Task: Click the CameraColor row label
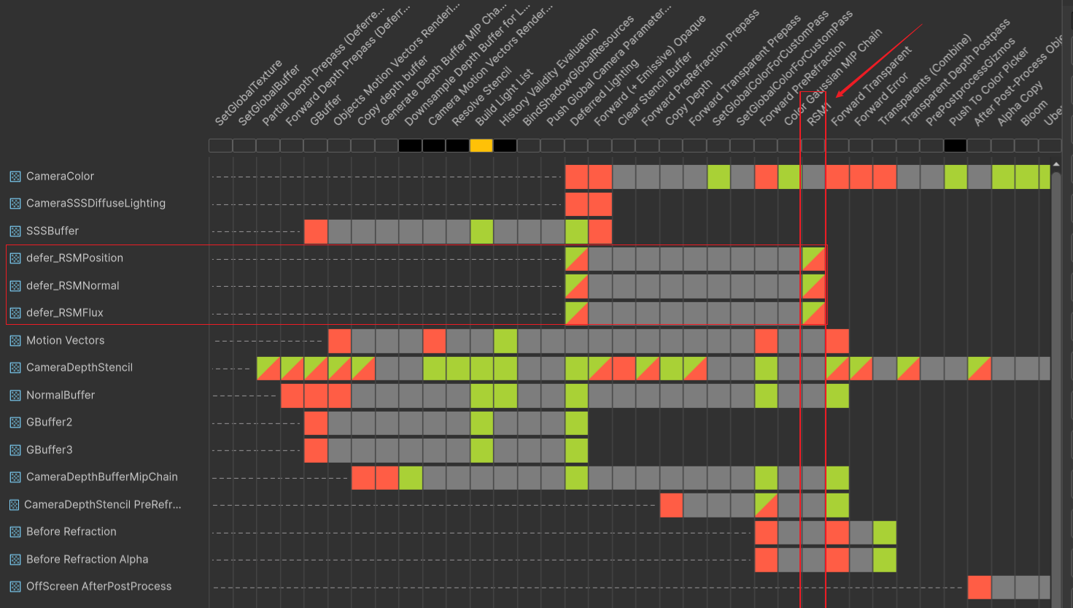click(x=60, y=176)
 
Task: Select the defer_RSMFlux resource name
click(x=64, y=312)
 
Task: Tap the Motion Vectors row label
click(x=65, y=340)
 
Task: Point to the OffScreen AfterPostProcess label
click(x=98, y=586)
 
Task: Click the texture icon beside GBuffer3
click(x=15, y=450)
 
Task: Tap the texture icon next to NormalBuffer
click(x=15, y=396)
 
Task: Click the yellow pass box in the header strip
click(x=481, y=145)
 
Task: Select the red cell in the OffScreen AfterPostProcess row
click(x=979, y=587)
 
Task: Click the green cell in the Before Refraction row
click(x=884, y=532)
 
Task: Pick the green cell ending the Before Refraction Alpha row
click(x=884, y=560)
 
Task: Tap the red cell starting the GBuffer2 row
click(x=316, y=423)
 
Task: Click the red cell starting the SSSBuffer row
click(x=316, y=231)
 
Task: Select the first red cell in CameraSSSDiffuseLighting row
click(x=576, y=204)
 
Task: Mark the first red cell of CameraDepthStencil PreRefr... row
click(x=671, y=505)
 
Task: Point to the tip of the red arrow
click(x=837, y=96)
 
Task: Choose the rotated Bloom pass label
click(x=1034, y=112)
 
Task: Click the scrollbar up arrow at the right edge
click(x=1055, y=164)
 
